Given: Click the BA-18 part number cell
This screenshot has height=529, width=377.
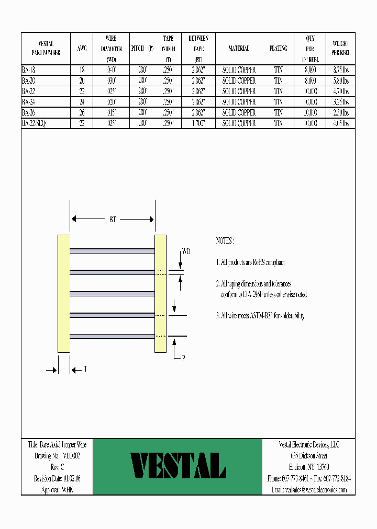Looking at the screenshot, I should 29,70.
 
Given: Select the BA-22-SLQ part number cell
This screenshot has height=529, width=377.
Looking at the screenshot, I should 34,123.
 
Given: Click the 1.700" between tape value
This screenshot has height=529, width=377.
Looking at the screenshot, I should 198,123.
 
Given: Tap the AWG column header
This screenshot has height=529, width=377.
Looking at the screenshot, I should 82,49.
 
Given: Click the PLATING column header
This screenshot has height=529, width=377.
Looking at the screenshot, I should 278,49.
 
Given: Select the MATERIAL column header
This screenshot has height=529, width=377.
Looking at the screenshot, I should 239,49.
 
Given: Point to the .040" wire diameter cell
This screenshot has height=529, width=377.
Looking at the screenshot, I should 111,70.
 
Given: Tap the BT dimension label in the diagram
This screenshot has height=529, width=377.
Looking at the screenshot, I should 113,220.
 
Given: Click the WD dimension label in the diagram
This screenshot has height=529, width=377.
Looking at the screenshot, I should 186,252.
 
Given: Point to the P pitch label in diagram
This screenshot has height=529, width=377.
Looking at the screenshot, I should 183,358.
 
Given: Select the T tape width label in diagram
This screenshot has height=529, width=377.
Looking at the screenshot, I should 85,369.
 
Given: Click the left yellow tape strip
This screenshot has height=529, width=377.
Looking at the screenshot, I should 63,293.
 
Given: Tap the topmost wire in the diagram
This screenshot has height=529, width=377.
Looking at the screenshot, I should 112,251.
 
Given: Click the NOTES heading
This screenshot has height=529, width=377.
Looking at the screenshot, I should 225,241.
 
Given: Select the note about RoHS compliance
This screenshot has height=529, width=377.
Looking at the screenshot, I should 250,262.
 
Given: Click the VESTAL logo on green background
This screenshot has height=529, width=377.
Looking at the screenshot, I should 178,466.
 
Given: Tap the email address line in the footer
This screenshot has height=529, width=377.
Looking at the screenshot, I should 308,490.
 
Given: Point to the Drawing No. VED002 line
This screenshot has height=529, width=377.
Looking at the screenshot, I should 57,456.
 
